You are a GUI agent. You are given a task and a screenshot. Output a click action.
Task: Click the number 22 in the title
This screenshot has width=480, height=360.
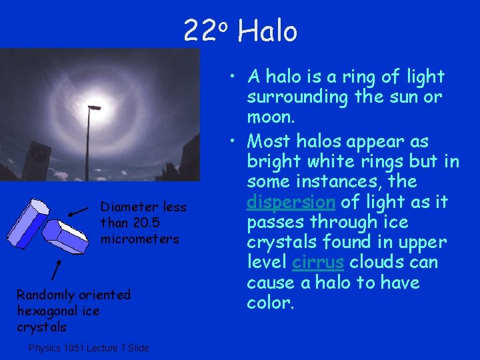click(199, 31)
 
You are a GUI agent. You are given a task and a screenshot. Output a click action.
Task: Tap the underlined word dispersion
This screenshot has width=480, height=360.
click(291, 202)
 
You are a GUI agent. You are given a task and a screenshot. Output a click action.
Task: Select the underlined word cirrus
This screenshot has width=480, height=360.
click(318, 262)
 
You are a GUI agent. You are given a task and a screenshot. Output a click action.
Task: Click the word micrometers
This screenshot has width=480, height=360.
click(139, 239)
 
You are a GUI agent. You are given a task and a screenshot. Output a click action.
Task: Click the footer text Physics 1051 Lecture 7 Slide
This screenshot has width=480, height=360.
click(89, 348)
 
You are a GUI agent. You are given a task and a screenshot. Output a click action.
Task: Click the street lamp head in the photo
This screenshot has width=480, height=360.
click(94, 107)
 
